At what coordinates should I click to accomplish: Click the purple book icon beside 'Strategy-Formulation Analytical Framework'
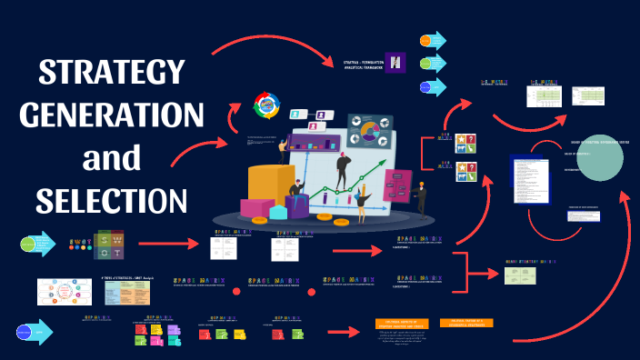(395, 62)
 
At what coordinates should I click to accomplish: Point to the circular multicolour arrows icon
(268, 105)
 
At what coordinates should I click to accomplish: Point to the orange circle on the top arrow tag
(425, 40)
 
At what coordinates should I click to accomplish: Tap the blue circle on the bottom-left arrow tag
(25, 332)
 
